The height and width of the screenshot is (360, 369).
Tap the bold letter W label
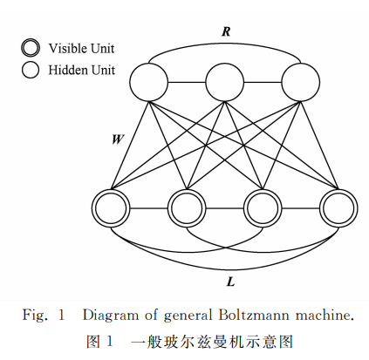point(119,138)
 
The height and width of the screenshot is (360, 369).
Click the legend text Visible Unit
point(81,48)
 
